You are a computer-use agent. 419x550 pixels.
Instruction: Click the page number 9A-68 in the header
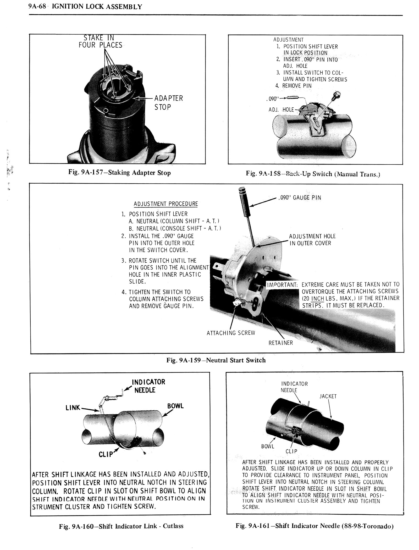point(36,7)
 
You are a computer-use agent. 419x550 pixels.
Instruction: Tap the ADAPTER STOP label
point(168,103)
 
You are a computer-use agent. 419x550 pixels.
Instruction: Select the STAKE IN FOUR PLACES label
point(101,41)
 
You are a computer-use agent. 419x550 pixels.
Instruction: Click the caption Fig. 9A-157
point(119,173)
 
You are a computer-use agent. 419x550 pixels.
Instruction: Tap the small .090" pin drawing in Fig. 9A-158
point(292,98)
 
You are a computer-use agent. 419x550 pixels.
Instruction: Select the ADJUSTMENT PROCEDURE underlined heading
point(166,204)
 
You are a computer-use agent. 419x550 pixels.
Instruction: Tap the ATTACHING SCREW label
point(231,333)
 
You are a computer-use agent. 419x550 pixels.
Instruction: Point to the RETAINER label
point(280,343)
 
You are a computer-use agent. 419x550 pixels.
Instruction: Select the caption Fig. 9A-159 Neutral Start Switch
point(216,360)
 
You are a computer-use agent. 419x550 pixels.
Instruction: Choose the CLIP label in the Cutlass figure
point(106,454)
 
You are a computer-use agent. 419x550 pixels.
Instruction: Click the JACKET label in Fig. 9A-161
point(328,396)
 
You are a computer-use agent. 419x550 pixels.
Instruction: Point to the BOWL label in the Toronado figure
point(267,446)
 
